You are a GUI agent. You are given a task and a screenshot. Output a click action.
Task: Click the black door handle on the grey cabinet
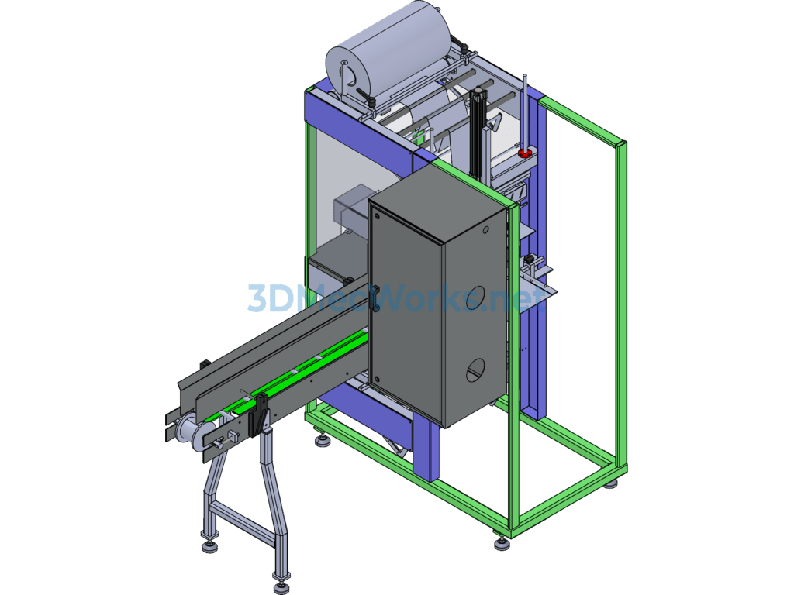point(375,298)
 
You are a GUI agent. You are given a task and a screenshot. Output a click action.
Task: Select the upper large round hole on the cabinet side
point(474,297)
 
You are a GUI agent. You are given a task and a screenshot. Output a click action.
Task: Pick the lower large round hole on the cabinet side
point(475,370)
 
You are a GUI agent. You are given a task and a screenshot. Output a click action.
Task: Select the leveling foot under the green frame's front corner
point(502,543)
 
